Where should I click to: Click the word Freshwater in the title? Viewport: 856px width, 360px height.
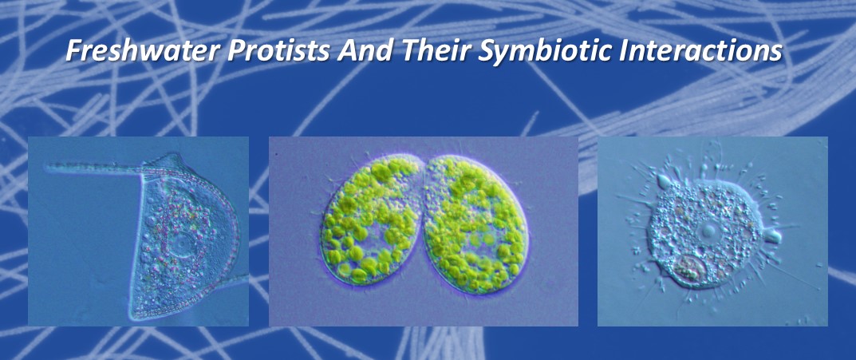pyautogui.click(x=141, y=51)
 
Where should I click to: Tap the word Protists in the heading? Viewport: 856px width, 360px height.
pyautogui.click(x=278, y=51)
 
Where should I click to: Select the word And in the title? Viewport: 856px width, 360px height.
pyautogui.click(x=367, y=51)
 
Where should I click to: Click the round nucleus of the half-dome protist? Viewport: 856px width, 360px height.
pyautogui.click(x=181, y=246)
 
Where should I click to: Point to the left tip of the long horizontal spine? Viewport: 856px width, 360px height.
pyautogui.click(x=47, y=166)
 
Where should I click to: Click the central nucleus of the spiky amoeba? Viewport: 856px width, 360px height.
pyautogui.click(x=708, y=231)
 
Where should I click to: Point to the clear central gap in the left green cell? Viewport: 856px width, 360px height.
pyautogui.click(x=372, y=229)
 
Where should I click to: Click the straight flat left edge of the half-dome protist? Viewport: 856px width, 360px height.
pyautogui.click(x=136, y=246)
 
